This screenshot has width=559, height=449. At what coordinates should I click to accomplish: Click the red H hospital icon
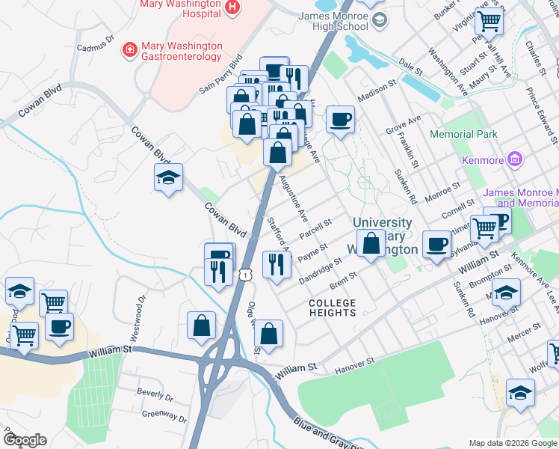232,7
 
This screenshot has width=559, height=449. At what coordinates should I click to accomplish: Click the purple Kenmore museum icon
513,158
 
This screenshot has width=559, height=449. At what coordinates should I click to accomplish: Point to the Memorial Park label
463,135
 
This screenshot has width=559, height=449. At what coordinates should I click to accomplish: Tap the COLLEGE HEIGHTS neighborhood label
333,308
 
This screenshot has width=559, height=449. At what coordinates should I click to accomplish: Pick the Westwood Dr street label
138,307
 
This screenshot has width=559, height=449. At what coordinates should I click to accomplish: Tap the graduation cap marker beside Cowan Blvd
168,178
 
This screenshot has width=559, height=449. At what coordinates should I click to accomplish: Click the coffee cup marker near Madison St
340,119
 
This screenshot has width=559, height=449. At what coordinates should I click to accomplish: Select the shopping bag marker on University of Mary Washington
371,243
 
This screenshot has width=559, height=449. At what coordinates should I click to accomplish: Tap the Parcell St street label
315,227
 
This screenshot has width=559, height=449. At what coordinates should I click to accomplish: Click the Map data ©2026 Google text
512,443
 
